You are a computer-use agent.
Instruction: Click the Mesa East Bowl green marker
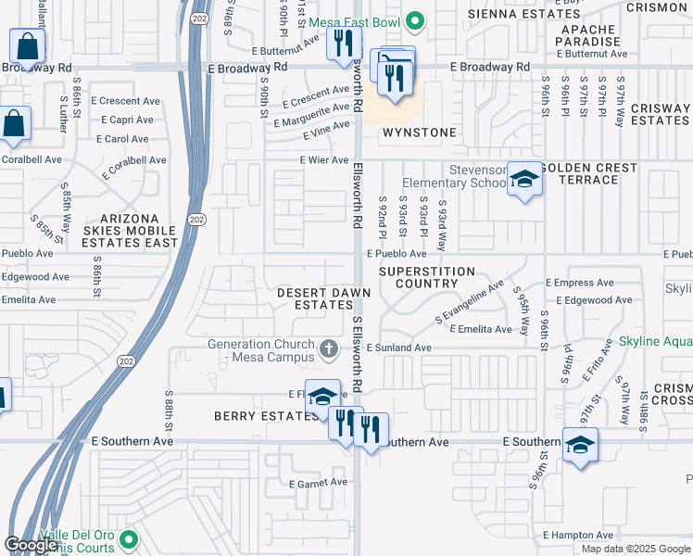pos(416,20)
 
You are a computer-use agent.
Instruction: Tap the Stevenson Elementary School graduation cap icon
pos(524,181)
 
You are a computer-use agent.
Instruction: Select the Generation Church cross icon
pos(327,349)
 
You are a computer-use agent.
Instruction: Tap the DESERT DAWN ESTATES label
pos(324,298)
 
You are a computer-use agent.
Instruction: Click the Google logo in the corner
pos(31,545)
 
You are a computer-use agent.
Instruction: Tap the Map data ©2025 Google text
pos(636,549)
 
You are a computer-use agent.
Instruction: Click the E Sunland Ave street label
pos(398,347)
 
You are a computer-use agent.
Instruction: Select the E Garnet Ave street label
pos(318,484)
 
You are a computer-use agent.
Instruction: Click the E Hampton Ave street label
pos(578,535)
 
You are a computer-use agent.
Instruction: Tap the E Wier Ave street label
pos(322,160)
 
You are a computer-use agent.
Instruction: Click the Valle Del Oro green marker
pos(129,538)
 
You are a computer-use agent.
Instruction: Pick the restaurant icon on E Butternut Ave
pos(343,43)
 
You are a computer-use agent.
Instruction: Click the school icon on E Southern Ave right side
pos(580,446)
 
